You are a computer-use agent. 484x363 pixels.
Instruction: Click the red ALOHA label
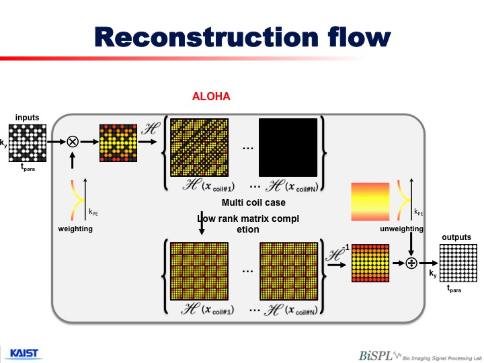(211, 96)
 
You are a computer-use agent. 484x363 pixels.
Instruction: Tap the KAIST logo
(24, 354)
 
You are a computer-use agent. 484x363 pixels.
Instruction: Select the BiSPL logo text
(375, 356)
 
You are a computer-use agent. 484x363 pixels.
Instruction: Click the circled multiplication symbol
(73, 142)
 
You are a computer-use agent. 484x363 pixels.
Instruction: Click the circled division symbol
(411, 263)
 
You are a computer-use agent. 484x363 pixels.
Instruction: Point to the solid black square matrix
(288, 147)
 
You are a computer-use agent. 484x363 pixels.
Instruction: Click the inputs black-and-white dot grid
(28, 143)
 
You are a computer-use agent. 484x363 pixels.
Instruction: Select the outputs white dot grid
(458, 263)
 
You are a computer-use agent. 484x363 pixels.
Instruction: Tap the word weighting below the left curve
(75, 229)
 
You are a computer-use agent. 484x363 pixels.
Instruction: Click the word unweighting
(401, 229)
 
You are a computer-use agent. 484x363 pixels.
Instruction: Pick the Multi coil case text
(253, 202)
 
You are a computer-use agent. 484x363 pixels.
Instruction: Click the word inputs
(27, 118)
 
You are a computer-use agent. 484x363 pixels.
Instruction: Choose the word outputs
(456, 237)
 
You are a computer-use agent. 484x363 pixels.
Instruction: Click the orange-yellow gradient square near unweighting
(370, 202)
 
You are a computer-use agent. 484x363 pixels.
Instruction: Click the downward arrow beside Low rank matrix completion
(202, 223)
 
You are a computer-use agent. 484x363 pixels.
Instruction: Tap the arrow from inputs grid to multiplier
(56, 142)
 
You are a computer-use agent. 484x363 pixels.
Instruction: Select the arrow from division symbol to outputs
(428, 263)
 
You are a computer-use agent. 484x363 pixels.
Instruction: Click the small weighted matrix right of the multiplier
(118, 143)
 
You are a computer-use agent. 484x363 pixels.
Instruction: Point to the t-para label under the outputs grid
(454, 288)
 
